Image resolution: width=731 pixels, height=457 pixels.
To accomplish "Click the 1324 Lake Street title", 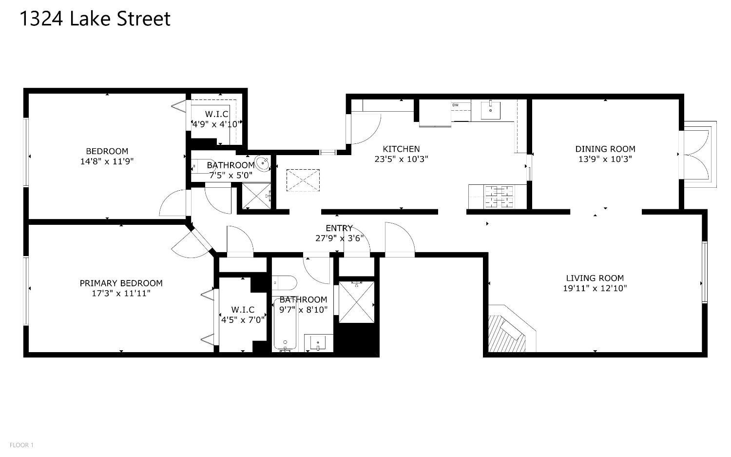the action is pyautogui.click(x=95, y=19).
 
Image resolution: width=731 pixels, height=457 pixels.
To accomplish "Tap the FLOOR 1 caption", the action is pyautogui.click(x=21, y=445).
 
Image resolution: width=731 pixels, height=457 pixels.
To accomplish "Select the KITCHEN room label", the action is pyautogui.click(x=401, y=149).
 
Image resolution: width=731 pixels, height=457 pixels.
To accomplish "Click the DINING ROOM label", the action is pyautogui.click(x=605, y=149).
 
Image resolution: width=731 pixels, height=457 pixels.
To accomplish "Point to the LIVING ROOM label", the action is pyautogui.click(x=595, y=278).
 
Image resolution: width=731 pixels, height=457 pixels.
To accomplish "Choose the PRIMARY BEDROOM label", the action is pyautogui.click(x=121, y=283).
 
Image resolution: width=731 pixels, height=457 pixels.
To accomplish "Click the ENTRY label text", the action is pyautogui.click(x=339, y=228).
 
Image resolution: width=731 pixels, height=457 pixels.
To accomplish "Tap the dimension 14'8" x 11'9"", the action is pyautogui.click(x=107, y=161).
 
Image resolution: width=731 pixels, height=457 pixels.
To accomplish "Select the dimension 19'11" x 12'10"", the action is pyautogui.click(x=595, y=288).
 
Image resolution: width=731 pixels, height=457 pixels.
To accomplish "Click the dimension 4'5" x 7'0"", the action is pyautogui.click(x=243, y=319).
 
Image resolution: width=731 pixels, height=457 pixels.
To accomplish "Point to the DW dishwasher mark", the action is pyautogui.click(x=455, y=105).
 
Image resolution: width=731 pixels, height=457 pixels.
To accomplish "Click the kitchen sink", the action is pyautogui.click(x=490, y=110).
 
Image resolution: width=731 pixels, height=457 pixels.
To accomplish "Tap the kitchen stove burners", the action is pyautogui.click(x=499, y=197).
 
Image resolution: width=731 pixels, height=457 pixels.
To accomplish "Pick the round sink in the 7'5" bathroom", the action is pyautogui.click(x=263, y=164).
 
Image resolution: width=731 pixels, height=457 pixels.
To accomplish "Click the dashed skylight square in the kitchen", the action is pyautogui.click(x=303, y=180).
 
